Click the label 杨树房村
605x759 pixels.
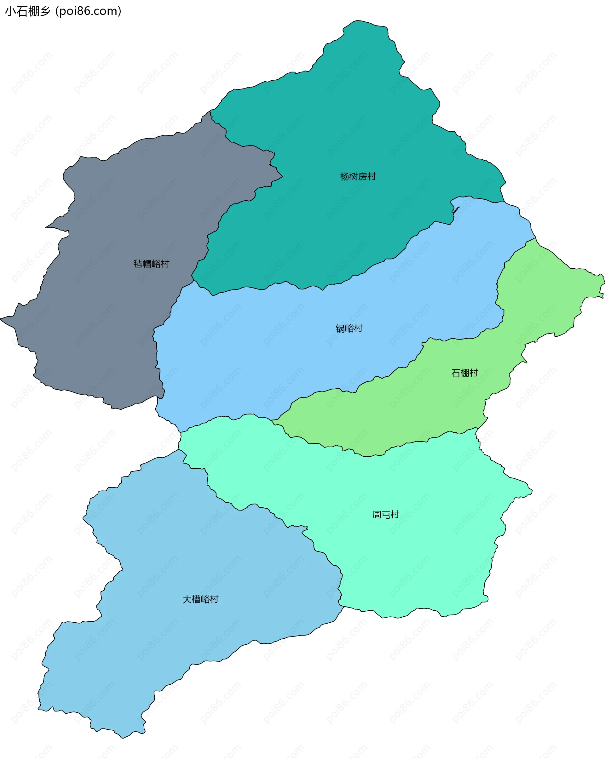358,176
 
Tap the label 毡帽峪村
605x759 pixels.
152,264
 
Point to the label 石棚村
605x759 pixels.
464,373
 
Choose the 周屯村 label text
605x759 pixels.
386,515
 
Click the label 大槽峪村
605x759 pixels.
200,599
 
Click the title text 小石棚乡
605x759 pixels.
27,11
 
